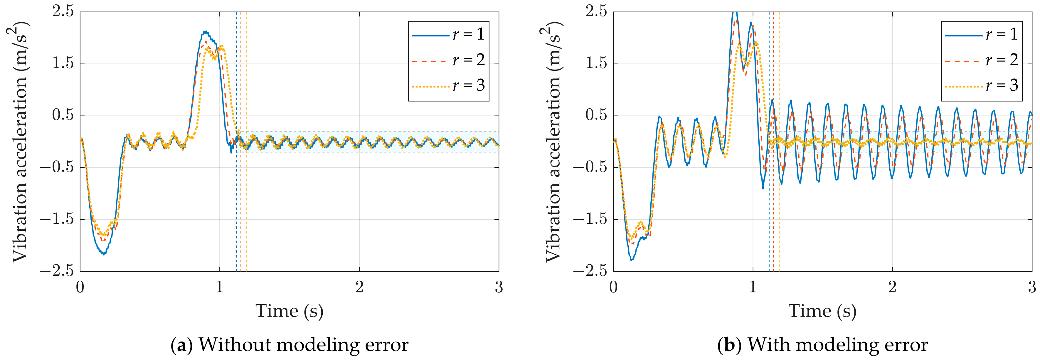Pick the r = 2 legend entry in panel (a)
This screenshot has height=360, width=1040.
(x=448, y=60)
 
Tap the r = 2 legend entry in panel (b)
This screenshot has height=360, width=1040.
(x=982, y=60)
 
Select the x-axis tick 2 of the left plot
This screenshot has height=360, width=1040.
(x=359, y=287)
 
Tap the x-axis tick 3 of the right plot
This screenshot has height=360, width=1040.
(x=1032, y=287)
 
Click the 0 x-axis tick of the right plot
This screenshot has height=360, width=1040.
(x=613, y=287)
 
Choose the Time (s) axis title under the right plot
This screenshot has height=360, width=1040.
(x=822, y=311)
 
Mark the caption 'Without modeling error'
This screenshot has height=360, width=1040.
(x=303, y=345)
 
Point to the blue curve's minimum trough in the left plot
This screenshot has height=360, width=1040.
(x=104, y=254)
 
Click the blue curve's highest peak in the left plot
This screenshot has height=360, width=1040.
(x=205, y=31)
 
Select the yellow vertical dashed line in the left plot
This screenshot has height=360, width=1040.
(x=247, y=202)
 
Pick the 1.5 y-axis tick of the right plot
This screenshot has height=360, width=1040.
(x=596, y=63)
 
